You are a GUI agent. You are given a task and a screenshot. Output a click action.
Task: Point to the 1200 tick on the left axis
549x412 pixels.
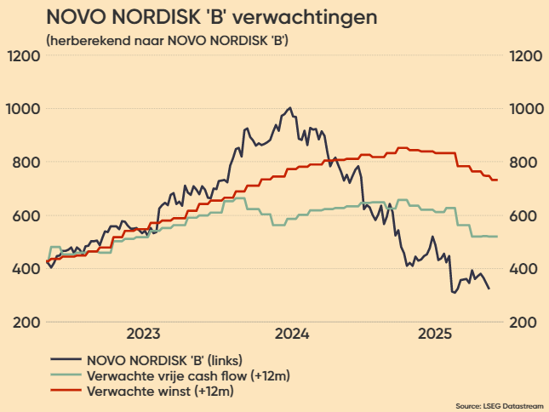coord(23,56)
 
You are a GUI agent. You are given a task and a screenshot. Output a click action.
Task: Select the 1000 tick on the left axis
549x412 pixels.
coord(23,109)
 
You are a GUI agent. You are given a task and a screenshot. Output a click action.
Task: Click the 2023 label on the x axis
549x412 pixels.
coord(144,333)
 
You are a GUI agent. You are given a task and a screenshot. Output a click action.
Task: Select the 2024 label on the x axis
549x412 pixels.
coord(292,333)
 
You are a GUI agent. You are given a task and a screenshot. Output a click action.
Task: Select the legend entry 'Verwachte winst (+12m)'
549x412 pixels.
coord(160,392)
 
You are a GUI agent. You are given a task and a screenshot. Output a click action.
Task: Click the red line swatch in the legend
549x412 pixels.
coord(66,392)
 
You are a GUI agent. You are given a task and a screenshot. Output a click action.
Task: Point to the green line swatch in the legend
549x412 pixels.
coord(66,375)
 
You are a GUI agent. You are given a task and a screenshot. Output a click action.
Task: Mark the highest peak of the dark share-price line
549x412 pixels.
coord(290,108)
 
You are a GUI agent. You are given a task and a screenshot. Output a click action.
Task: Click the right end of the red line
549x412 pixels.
coord(497,180)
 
